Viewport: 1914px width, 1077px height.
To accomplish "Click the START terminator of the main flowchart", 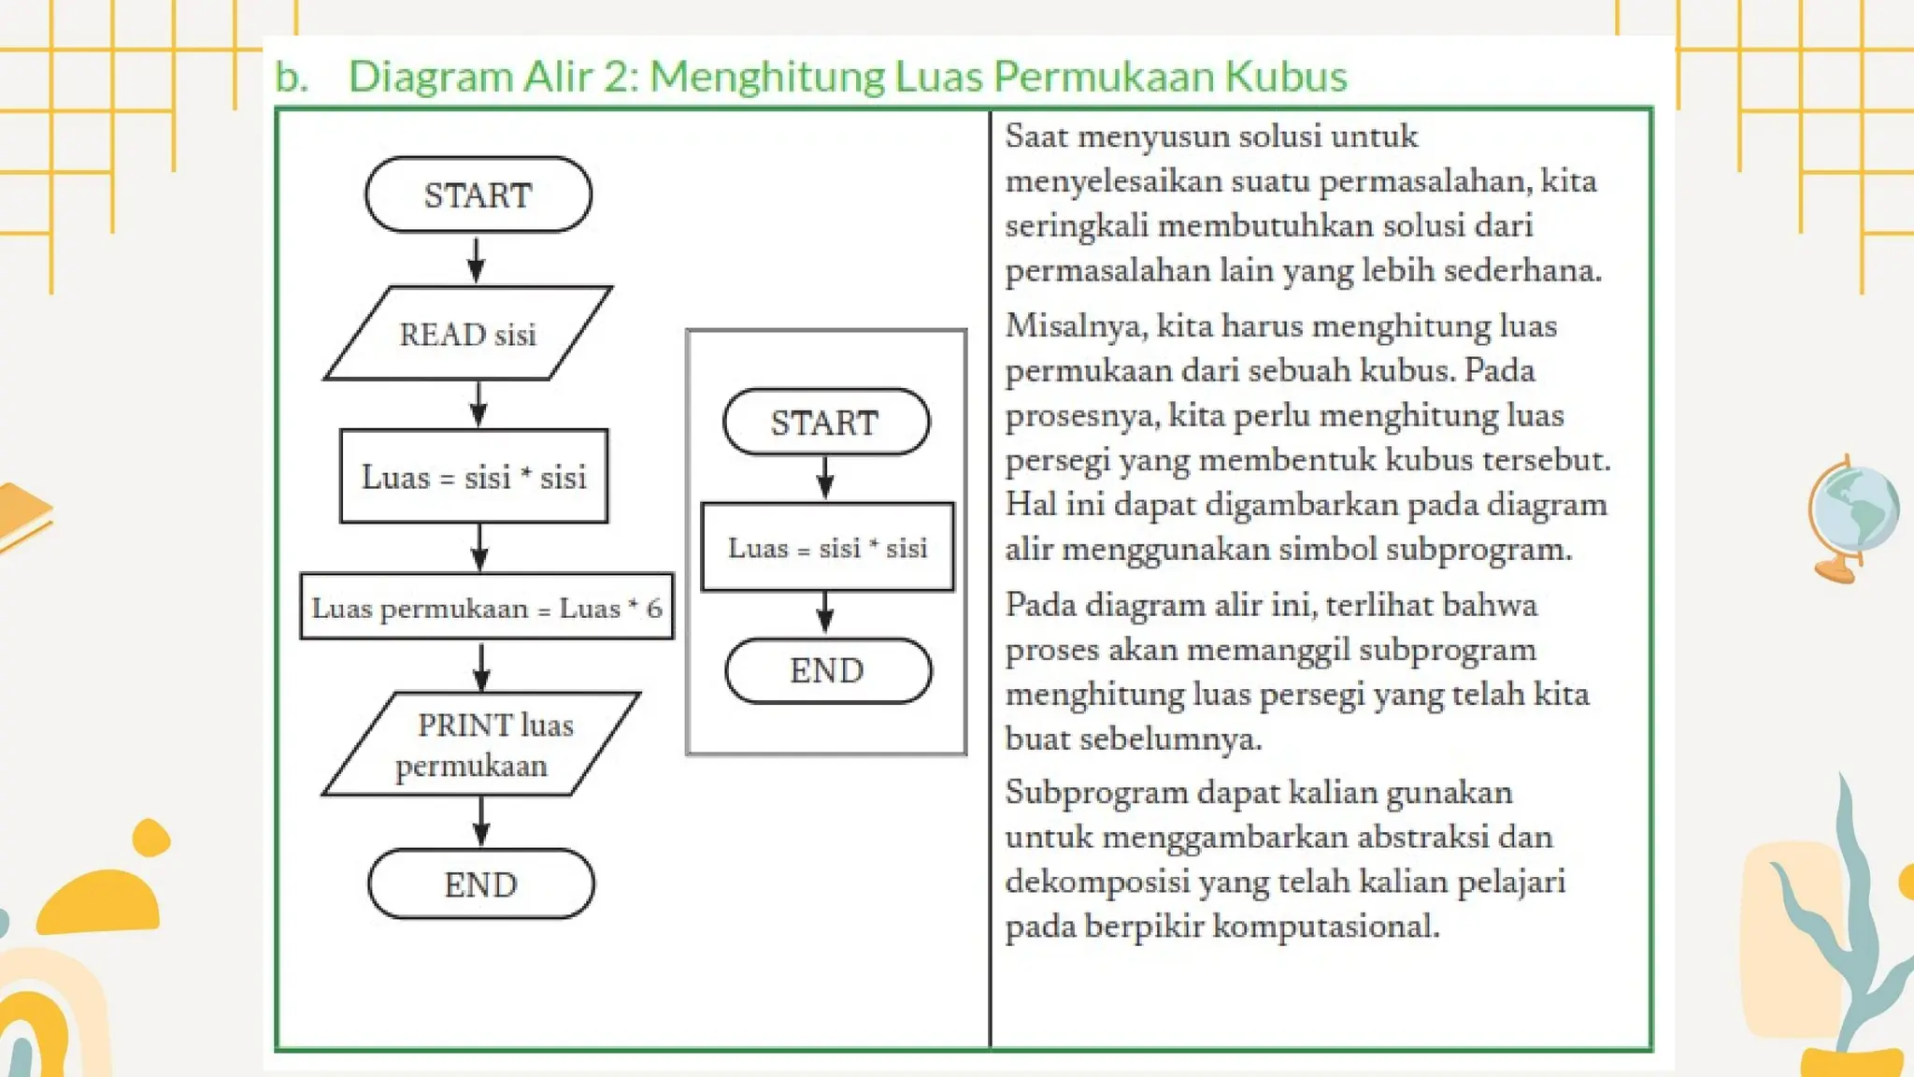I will click(x=478, y=194).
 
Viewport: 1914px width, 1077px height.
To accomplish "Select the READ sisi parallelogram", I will click(x=467, y=334).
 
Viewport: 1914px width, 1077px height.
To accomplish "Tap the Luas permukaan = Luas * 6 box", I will click(x=486, y=608).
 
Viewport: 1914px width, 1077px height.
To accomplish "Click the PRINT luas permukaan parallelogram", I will click(x=481, y=744).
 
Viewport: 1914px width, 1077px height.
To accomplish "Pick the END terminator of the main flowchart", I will click(x=480, y=884).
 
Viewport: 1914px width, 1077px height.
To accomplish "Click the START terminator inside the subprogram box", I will click(x=825, y=423).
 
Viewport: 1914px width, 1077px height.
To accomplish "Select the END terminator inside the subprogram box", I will click(x=827, y=670).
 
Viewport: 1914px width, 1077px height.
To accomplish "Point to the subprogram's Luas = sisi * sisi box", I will click(x=827, y=547).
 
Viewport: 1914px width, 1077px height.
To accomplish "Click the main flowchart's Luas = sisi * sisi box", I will click(x=474, y=477).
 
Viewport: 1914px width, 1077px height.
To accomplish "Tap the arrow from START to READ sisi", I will click(x=476, y=259).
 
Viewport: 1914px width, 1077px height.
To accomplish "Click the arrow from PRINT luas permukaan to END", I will click(x=481, y=821).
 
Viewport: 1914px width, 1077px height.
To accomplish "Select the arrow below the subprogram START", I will click(x=825, y=478).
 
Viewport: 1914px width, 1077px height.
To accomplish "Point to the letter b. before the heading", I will click(x=291, y=77).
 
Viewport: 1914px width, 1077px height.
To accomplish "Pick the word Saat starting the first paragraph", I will click(x=1036, y=136).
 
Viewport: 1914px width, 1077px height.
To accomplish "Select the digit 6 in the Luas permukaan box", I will click(x=654, y=608).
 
